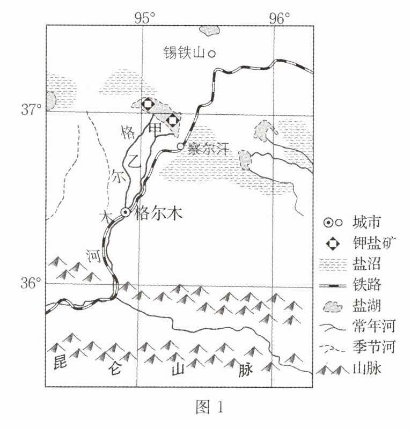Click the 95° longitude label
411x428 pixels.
coord(144,18)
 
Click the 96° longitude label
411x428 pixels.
coord(278,18)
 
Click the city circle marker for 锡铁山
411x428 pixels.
coord(212,53)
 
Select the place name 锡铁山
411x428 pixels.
coord(184,53)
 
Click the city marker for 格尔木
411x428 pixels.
coord(126,212)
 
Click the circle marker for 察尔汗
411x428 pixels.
coord(180,146)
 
